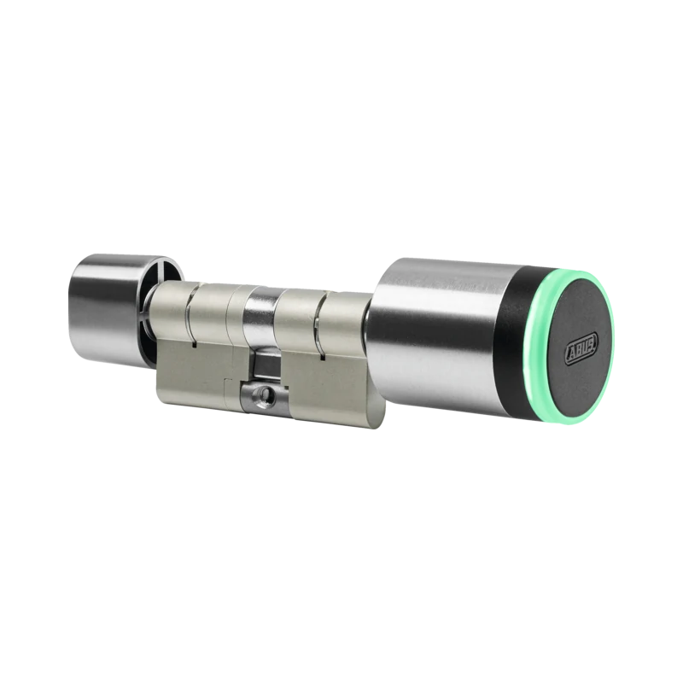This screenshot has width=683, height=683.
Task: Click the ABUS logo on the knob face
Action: [581, 347]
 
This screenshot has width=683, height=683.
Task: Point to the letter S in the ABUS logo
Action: [593, 340]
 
